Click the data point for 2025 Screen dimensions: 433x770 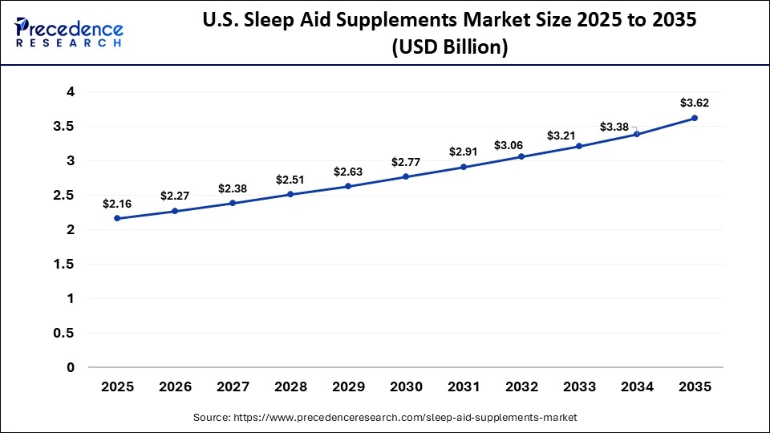pos(117,218)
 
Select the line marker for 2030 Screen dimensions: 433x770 pos(406,176)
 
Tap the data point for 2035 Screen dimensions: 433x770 pos(695,118)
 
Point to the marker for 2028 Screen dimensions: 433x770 pos(290,194)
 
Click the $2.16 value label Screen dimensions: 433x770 pos(117,204)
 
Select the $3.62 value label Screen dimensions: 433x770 pos(695,103)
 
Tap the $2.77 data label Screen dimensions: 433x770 pos(406,162)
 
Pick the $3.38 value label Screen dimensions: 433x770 pos(614,126)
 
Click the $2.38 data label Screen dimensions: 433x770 pos(233,188)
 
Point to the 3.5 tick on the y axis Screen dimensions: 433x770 pos(64,127)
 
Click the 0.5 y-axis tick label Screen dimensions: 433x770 pos(64,333)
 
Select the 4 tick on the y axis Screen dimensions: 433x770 pos(71,92)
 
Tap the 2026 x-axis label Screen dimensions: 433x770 pos(175,386)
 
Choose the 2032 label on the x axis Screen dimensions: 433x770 pos(521,386)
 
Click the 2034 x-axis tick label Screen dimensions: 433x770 pos(637,386)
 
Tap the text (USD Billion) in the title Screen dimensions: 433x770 pos(449,48)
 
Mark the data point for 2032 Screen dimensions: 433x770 pos(521,156)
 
